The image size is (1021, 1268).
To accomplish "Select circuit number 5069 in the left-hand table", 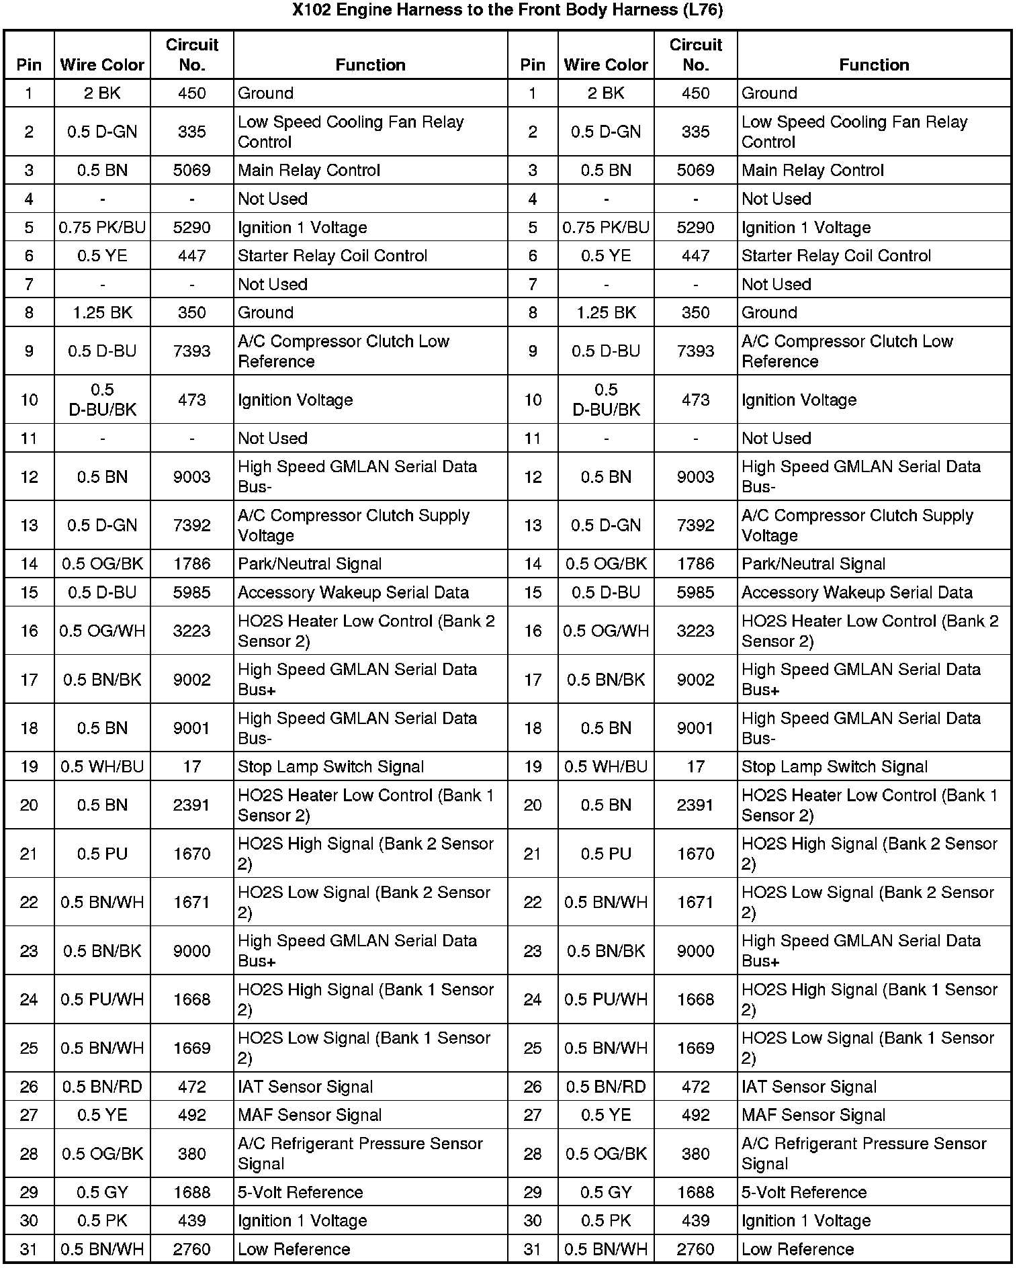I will [191, 171].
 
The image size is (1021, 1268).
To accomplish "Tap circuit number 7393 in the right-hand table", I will [695, 351].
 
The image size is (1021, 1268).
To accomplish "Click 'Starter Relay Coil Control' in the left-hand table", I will [332, 256].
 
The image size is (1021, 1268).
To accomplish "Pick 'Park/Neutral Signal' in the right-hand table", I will [813, 564].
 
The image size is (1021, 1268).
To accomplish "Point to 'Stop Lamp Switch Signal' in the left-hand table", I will [330, 767].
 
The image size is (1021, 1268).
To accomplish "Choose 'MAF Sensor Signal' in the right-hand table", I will [813, 1116].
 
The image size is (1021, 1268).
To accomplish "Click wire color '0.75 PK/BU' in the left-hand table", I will [102, 228].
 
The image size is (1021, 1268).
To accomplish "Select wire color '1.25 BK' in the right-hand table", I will [606, 313].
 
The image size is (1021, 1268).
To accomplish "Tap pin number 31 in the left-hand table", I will [29, 1250].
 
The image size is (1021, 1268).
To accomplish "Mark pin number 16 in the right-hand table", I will [533, 631].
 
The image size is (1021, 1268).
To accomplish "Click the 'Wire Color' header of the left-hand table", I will [102, 65].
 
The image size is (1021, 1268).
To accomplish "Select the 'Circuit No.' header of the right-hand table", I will [695, 55].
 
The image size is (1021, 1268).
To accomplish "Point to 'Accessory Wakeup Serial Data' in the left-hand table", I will [353, 593].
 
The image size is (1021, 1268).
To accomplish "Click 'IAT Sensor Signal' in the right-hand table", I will [809, 1087].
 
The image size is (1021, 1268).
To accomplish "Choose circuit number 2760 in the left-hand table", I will [191, 1250].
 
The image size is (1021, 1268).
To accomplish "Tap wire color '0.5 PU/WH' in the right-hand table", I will [606, 1000].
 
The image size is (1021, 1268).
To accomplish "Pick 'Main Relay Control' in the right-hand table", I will [813, 171].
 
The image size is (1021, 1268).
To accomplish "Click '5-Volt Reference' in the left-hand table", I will [300, 1193].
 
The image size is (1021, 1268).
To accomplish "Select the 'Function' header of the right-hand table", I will [874, 65].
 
